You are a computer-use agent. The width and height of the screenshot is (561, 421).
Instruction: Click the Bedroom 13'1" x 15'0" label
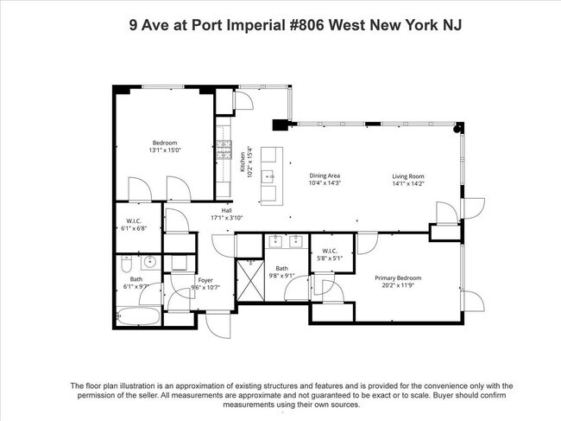pos(165,146)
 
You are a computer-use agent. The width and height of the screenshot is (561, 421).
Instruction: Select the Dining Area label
pos(325,179)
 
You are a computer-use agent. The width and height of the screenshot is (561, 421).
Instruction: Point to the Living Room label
pos(408,179)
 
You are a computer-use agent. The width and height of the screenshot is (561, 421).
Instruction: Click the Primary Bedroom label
pos(396,281)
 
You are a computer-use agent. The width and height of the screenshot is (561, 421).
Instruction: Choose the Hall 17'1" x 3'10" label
pos(227,214)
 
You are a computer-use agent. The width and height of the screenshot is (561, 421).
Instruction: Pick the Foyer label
pos(205,283)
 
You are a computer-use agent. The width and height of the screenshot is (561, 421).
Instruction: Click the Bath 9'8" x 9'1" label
pos(281,272)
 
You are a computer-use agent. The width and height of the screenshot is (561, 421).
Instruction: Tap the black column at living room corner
pos(458,128)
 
